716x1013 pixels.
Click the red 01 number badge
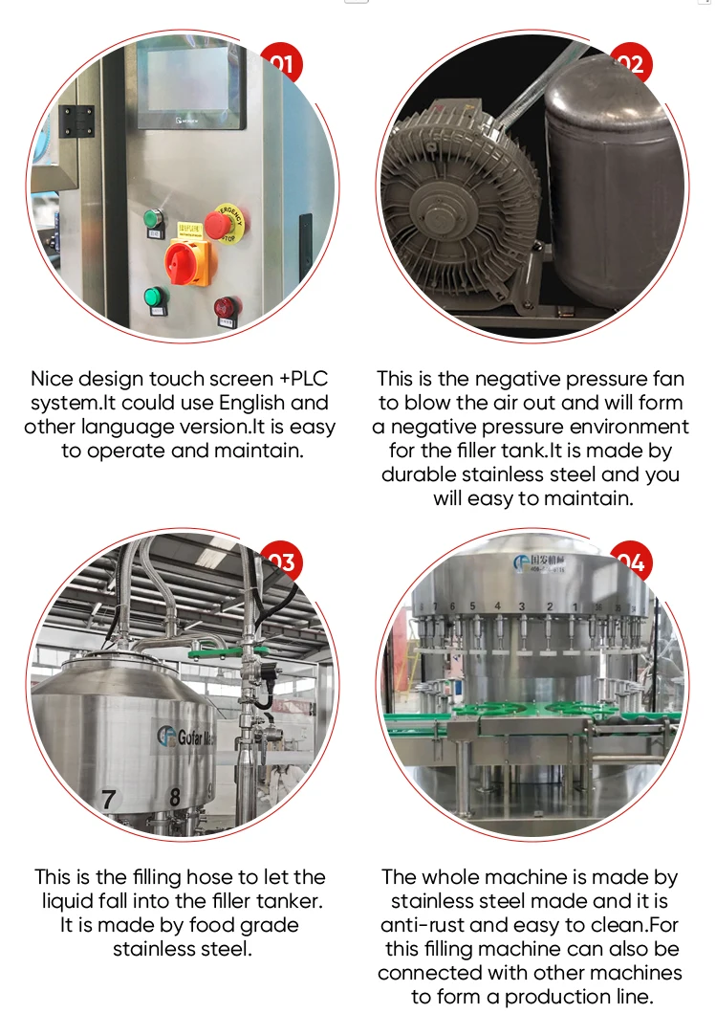tap(281, 64)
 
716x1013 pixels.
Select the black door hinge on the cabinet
tap(78, 121)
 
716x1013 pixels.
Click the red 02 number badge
tap(630, 64)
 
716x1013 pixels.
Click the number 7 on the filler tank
tap(108, 798)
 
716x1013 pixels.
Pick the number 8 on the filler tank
tap(175, 796)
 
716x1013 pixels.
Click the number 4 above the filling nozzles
tap(497, 606)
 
